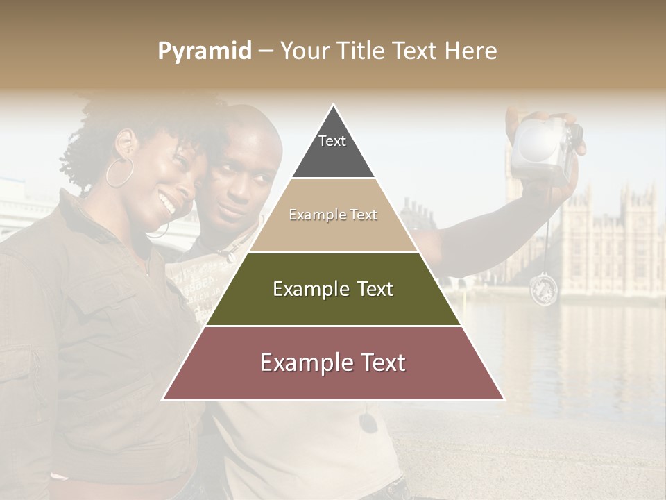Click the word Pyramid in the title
(x=205, y=51)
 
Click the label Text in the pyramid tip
(x=332, y=141)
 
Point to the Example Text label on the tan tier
(x=333, y=215)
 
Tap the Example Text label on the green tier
(x=333, y=289)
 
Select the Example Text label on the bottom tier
(x=333, y=362)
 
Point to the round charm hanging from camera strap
(x=543, y=289)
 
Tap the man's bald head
(x=250, y=128)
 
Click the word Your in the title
(x=305, y=51)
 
